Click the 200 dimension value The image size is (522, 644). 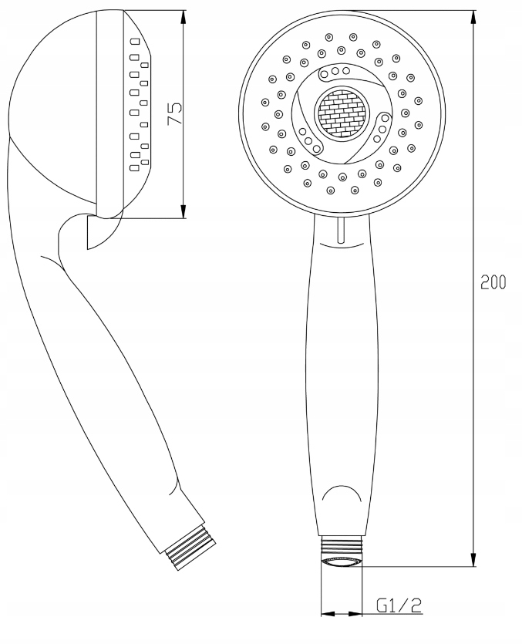tap(493, 282)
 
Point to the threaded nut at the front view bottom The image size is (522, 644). tap(341, 562)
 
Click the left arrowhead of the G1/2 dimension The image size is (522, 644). tap(326, 615)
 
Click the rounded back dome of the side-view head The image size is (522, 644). tap(39, 77)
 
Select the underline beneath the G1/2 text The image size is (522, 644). tap(400, 615)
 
